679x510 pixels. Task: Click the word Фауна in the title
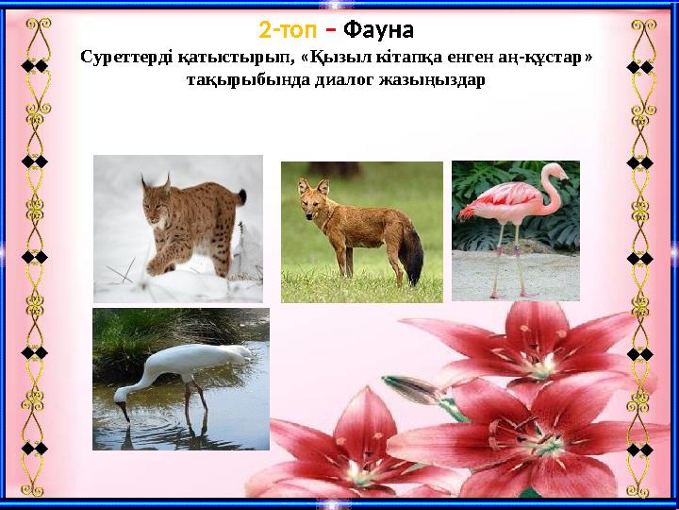[x=378, y=30]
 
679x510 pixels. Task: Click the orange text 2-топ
[x=287, y=30]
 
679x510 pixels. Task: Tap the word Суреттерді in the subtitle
[x=125, y=59]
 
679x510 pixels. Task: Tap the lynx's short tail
[x=240, y=197]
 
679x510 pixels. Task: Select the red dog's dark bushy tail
[x=411, y=251]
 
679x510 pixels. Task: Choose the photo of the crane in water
[x=180, y=379]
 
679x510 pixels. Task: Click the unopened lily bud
[x=413, y=389]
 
